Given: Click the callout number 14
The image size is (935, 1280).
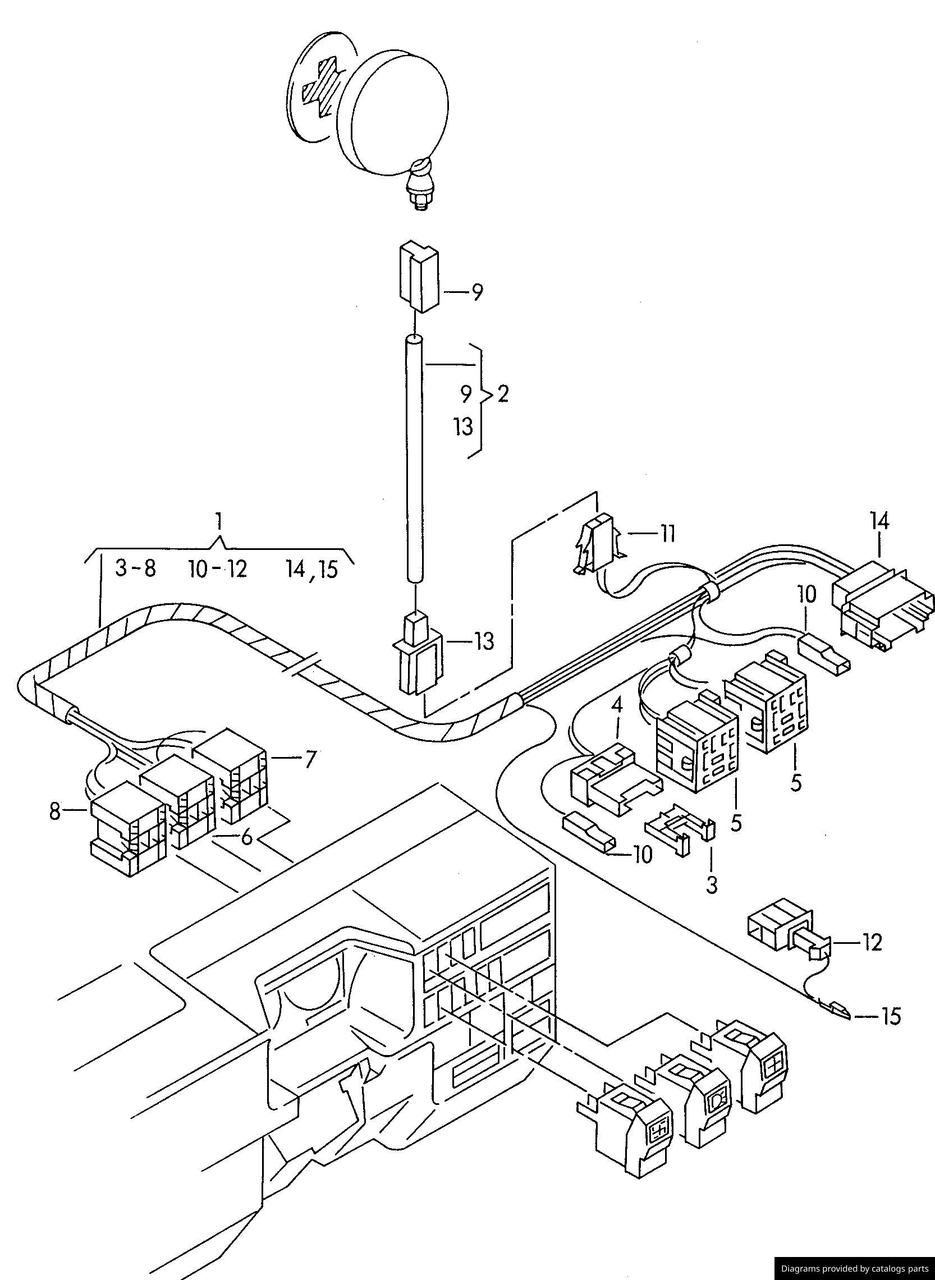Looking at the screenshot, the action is (880, 521).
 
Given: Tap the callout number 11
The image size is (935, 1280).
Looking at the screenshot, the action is (667, 534).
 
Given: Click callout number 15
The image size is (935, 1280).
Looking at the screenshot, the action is (890, 1016).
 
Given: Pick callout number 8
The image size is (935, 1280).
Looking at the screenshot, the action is (54, 812).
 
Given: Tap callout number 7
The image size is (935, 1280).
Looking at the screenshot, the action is (309, 759).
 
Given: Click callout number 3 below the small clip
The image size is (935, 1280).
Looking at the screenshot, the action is (712, 885).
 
